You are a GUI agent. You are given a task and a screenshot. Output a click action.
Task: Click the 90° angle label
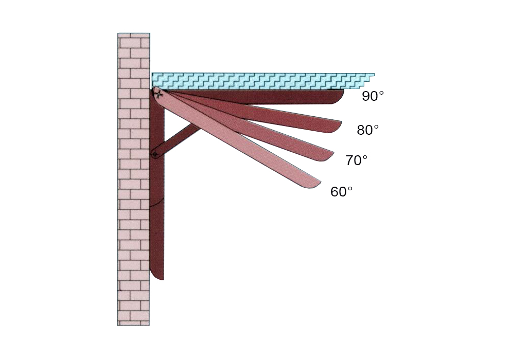pos(373,96)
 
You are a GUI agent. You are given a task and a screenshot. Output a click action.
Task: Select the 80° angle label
pos(367,130)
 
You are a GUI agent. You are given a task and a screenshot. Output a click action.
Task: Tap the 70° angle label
pos(356,160)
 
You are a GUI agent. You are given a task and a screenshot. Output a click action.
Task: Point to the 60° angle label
pos(342,192)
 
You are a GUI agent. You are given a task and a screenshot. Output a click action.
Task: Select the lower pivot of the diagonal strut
pos(154,154)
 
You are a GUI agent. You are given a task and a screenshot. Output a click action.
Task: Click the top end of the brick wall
pos(133,33)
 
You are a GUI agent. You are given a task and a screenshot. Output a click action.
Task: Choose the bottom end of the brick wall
pos(133,325)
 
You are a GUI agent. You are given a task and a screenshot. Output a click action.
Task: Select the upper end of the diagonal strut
pos(196,126)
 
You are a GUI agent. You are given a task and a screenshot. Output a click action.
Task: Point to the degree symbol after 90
pos(381,94)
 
